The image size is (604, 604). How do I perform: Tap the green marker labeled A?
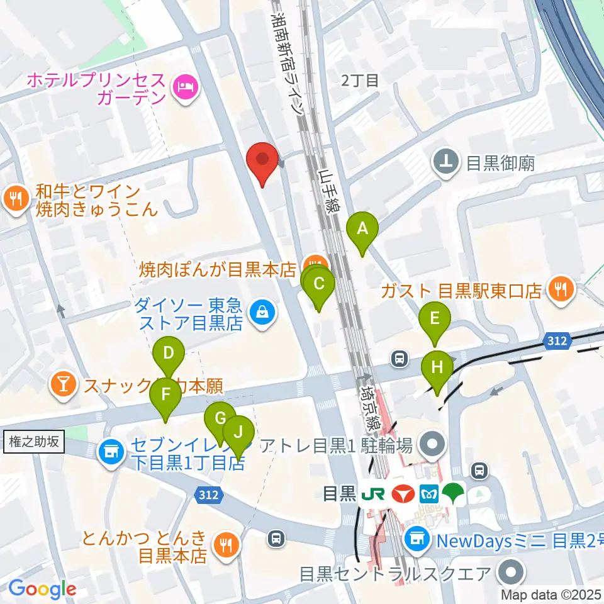pyautogui.click(x=362, y=230)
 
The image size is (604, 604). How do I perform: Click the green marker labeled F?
pyautogui.click(x=165, y=396)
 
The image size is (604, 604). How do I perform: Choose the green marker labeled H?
pyautogui.click(x=437, y=368)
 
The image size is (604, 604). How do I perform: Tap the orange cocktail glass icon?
pyautogui.click(x=64, y=384)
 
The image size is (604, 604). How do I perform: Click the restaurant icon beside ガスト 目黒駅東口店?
pyautogui.click(x=559, y=290)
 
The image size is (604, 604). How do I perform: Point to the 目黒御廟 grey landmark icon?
pyautogui.click(x=447, y=163)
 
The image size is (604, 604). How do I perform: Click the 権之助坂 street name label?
pyautogui.click(x=34, y=442)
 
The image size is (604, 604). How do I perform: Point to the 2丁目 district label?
pyautogui.click(x=359, y=81)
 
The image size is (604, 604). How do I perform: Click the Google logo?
pyautogui.click(x=42, y=589)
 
